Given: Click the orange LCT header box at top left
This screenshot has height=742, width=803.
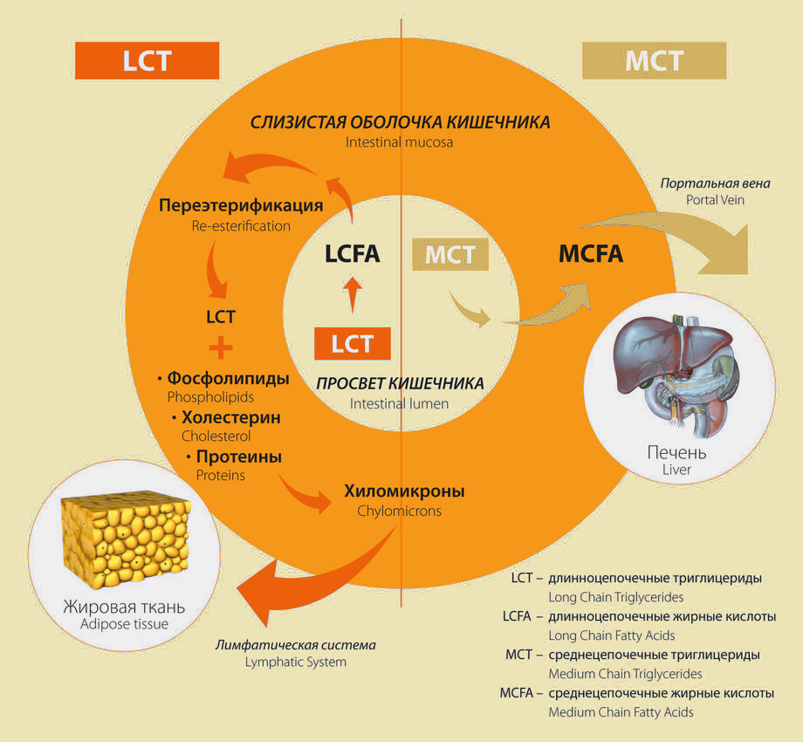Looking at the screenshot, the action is [147, 60].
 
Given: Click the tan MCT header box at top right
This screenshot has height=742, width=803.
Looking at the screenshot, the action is [655, 60].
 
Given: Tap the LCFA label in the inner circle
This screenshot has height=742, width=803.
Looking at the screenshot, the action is [353, 254].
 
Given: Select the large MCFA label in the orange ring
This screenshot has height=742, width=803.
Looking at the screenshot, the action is [591, 254].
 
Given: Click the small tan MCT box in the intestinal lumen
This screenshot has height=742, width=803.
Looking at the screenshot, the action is [450, 255].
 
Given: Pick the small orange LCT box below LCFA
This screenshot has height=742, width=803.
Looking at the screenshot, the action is [353, 344].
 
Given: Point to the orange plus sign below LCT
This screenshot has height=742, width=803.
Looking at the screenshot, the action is [221, 348].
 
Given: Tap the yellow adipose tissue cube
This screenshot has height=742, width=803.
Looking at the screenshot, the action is [126, 540].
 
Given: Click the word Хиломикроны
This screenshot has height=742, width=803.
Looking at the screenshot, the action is [404, 491].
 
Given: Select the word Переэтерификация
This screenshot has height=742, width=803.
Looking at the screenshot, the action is [241, 205].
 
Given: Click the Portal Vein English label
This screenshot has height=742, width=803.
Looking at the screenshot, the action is [715, 200].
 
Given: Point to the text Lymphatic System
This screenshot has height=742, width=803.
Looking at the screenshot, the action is [296, 662].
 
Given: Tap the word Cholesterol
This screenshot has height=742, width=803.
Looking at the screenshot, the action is [216, 436].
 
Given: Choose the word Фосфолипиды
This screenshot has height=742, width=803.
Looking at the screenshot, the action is [229, 379].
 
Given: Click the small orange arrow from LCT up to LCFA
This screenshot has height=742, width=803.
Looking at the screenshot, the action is [353, 294].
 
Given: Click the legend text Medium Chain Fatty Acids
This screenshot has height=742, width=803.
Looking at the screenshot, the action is [621, 711].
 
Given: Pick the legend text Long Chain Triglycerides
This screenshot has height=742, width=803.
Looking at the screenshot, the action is [615, 597].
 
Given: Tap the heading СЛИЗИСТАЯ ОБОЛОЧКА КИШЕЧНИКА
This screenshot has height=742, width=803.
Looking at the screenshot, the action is [400, 122].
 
